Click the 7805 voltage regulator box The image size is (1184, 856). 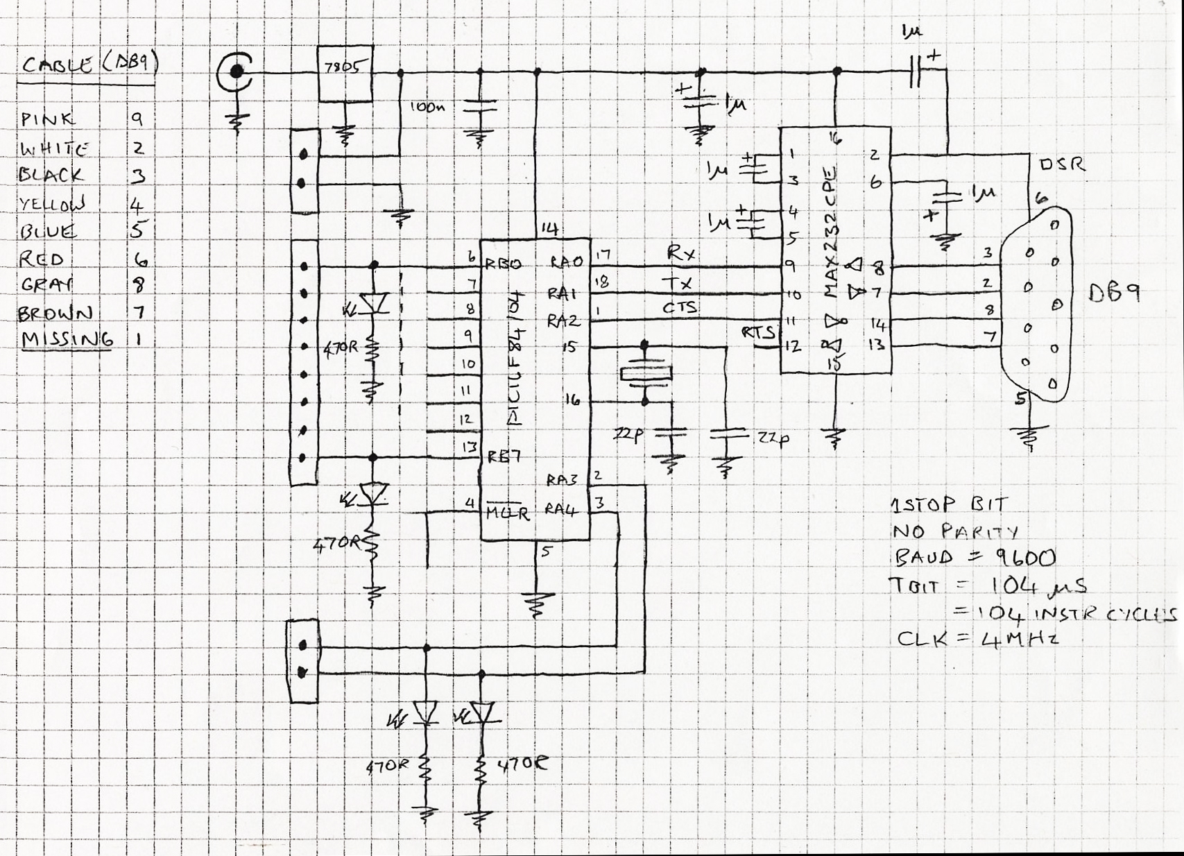(x=344, y=73)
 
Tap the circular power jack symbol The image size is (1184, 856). (x=235, y=71)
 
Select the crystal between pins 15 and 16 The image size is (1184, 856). (x=645, y=374)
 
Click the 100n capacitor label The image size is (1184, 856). (x=427, y=107)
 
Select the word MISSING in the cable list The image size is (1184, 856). (x=67, y=340)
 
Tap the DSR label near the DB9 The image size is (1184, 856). (x=1062, y=165)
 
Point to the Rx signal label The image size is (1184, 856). (x=680, y=253)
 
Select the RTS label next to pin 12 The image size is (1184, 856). (x=757, y=332)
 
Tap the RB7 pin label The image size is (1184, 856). (x=504, y=456)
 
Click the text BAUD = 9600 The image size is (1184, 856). (x=972, y=558)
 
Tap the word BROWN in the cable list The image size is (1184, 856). (x=55, y=313)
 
